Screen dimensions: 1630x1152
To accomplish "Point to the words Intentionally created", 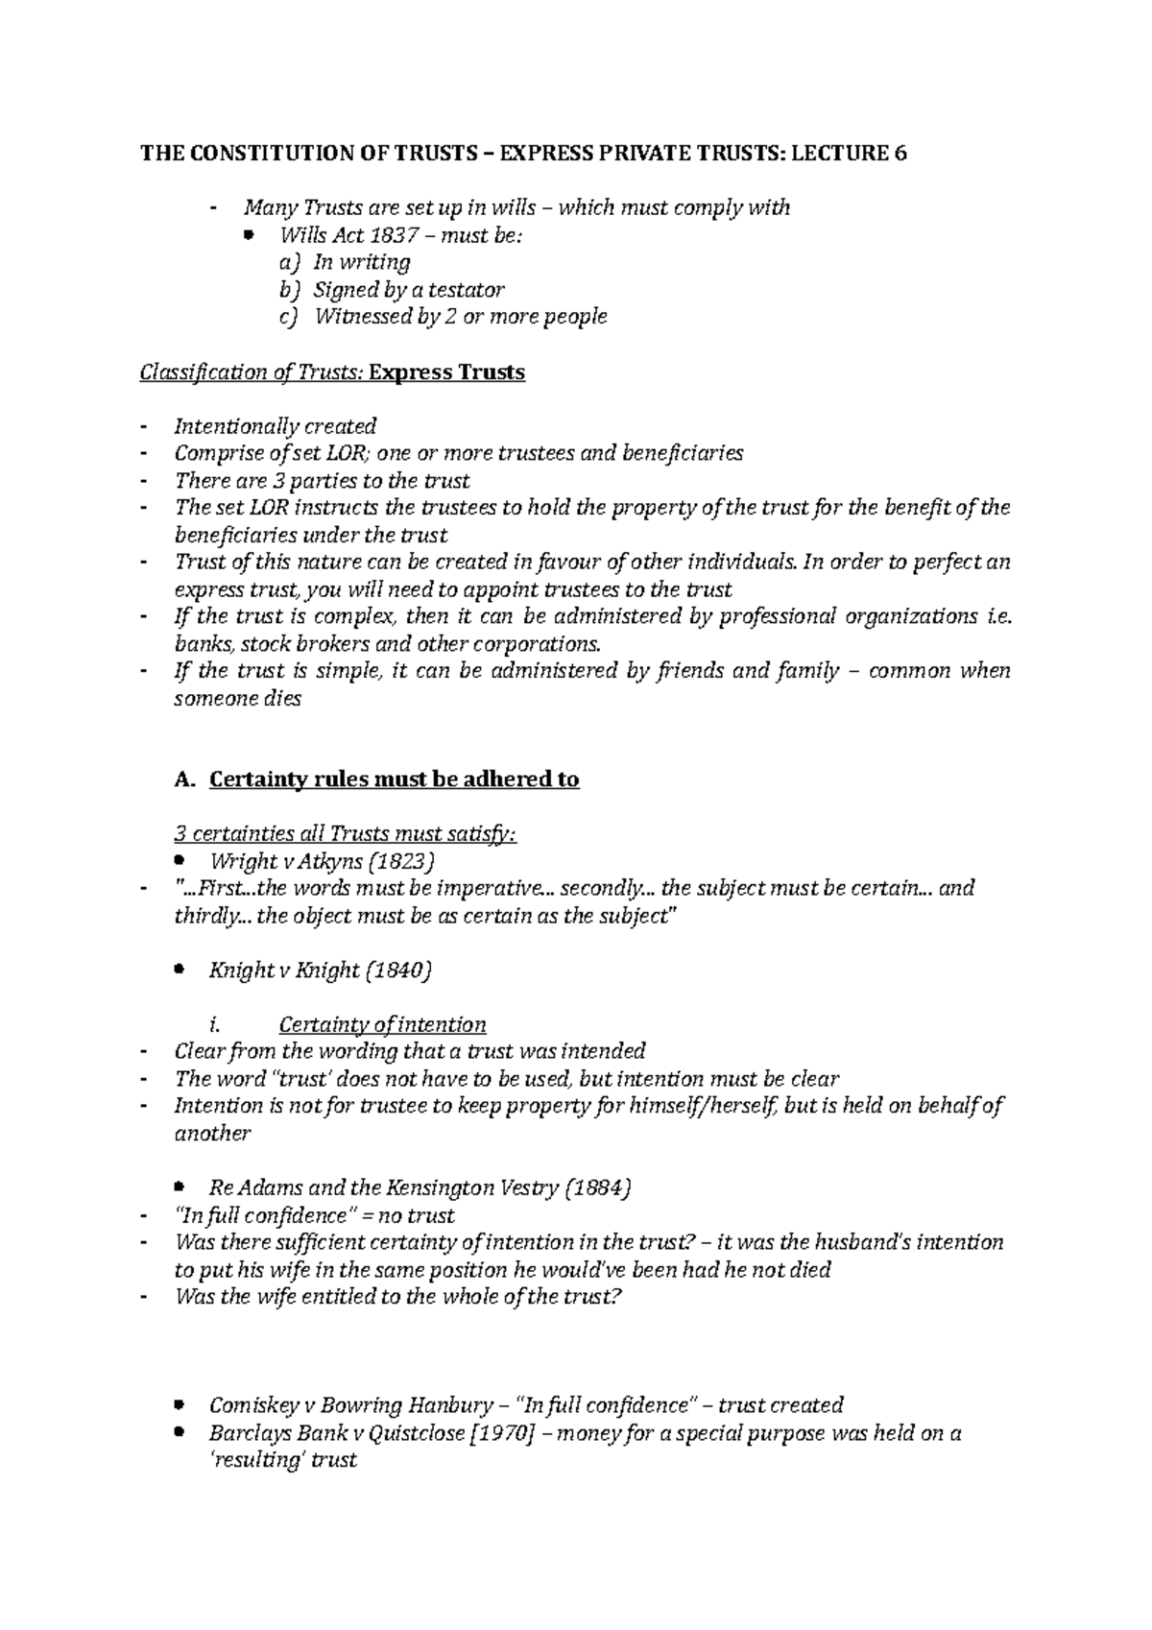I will [275, 426].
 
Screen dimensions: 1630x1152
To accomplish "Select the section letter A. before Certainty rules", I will [184, 779].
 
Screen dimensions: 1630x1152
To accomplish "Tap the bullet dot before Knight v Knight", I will [180, 971].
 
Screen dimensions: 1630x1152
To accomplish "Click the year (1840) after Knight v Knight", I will [399, 971].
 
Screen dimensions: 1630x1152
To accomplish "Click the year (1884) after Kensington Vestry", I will [598, 1188].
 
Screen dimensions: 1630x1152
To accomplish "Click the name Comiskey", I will [252, 1406].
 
